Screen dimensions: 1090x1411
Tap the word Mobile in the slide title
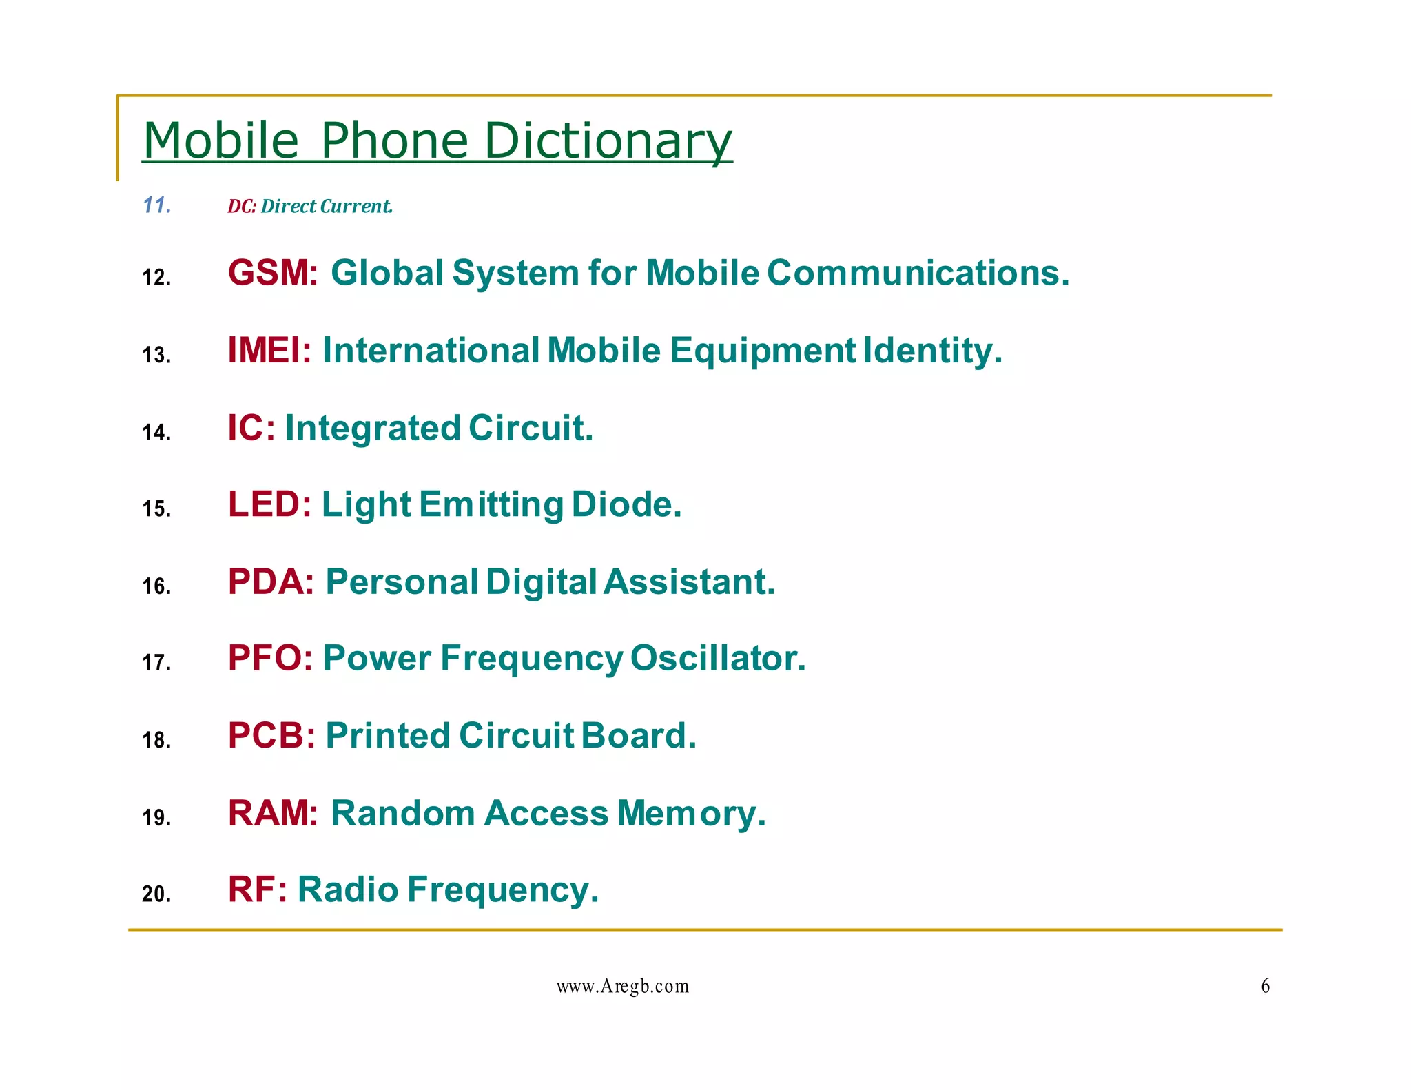(220, 141)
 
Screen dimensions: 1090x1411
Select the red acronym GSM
(271, 273)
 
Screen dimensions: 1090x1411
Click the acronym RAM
(271, 813)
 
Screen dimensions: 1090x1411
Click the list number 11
(156, 205)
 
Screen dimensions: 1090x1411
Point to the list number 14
(156, 433)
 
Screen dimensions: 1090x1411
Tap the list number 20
(156, 894)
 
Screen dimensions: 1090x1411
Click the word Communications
(918, 273)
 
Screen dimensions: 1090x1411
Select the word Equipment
(763, 351)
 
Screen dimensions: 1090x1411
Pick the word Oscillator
(717, 658)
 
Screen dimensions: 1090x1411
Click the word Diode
(626, 504)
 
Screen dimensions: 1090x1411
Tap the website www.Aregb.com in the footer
(622, 987)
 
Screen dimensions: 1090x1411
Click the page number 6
(1265, 986)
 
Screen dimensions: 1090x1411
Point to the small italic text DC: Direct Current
(310, 206)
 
